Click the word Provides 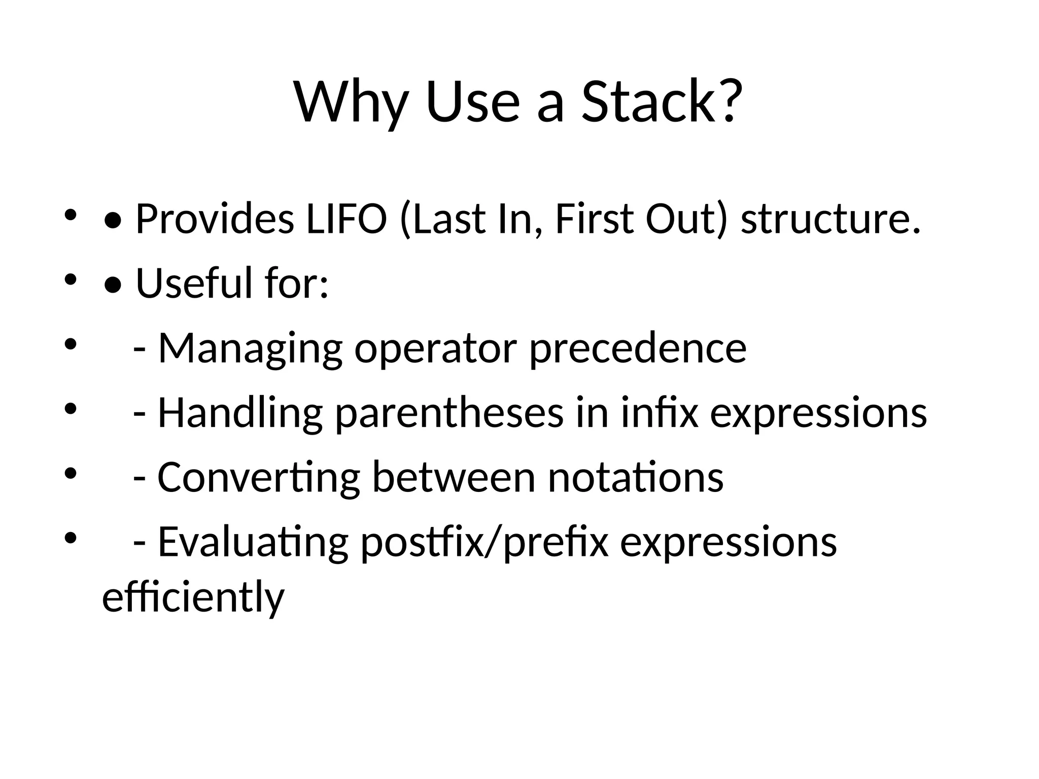click(215, 219)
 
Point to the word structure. click(830, 219)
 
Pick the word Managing click(250, 349)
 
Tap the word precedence click(638, 349)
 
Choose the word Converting click(259, 477)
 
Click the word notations click(636, 477)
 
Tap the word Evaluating click(253, 542)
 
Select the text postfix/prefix click(484, 542)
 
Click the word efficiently click(193, 597)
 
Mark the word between click(454, 477)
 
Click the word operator click(435, 349)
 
